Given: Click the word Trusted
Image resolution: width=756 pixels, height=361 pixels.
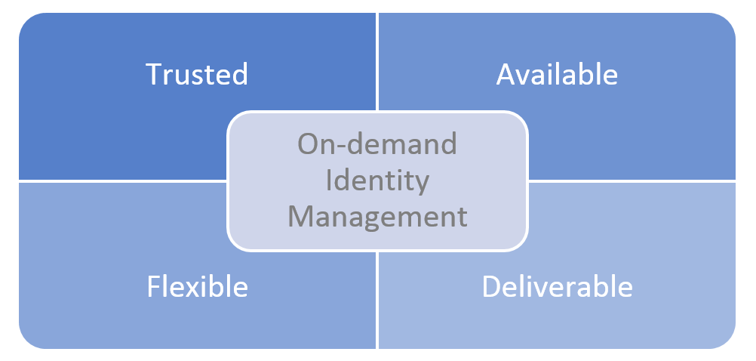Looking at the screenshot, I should [197, 74].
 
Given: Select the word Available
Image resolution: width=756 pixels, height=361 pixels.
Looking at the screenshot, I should [557, 74].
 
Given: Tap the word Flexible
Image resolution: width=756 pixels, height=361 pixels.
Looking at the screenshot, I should [197, 287].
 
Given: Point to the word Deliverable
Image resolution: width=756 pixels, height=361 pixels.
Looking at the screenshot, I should [557, 287].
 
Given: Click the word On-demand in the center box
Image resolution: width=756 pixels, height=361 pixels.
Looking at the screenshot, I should [377, 144].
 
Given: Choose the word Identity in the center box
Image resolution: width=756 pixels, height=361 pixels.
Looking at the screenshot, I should [377, 180].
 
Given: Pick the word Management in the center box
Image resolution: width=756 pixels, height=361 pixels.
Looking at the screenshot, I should [377, 217].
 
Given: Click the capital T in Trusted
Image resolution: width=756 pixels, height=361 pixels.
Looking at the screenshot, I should [153, 74].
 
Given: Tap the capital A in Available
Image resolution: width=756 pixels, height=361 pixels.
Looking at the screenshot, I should [505, 74].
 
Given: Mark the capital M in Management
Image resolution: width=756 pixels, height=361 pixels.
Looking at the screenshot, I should [300, 217].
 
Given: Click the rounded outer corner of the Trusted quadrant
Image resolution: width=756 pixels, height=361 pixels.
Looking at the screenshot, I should [26, 21].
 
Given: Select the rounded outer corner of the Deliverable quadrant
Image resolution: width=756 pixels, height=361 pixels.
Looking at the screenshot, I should [728, 341].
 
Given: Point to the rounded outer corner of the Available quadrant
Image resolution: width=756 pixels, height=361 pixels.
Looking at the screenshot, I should [728, 21].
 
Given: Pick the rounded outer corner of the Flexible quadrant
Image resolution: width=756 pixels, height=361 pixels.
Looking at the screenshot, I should [26, 341].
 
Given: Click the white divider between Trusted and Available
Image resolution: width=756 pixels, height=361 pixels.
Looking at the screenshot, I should [377, 60].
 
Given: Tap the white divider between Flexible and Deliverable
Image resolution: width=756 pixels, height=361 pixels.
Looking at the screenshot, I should [377, 302].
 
